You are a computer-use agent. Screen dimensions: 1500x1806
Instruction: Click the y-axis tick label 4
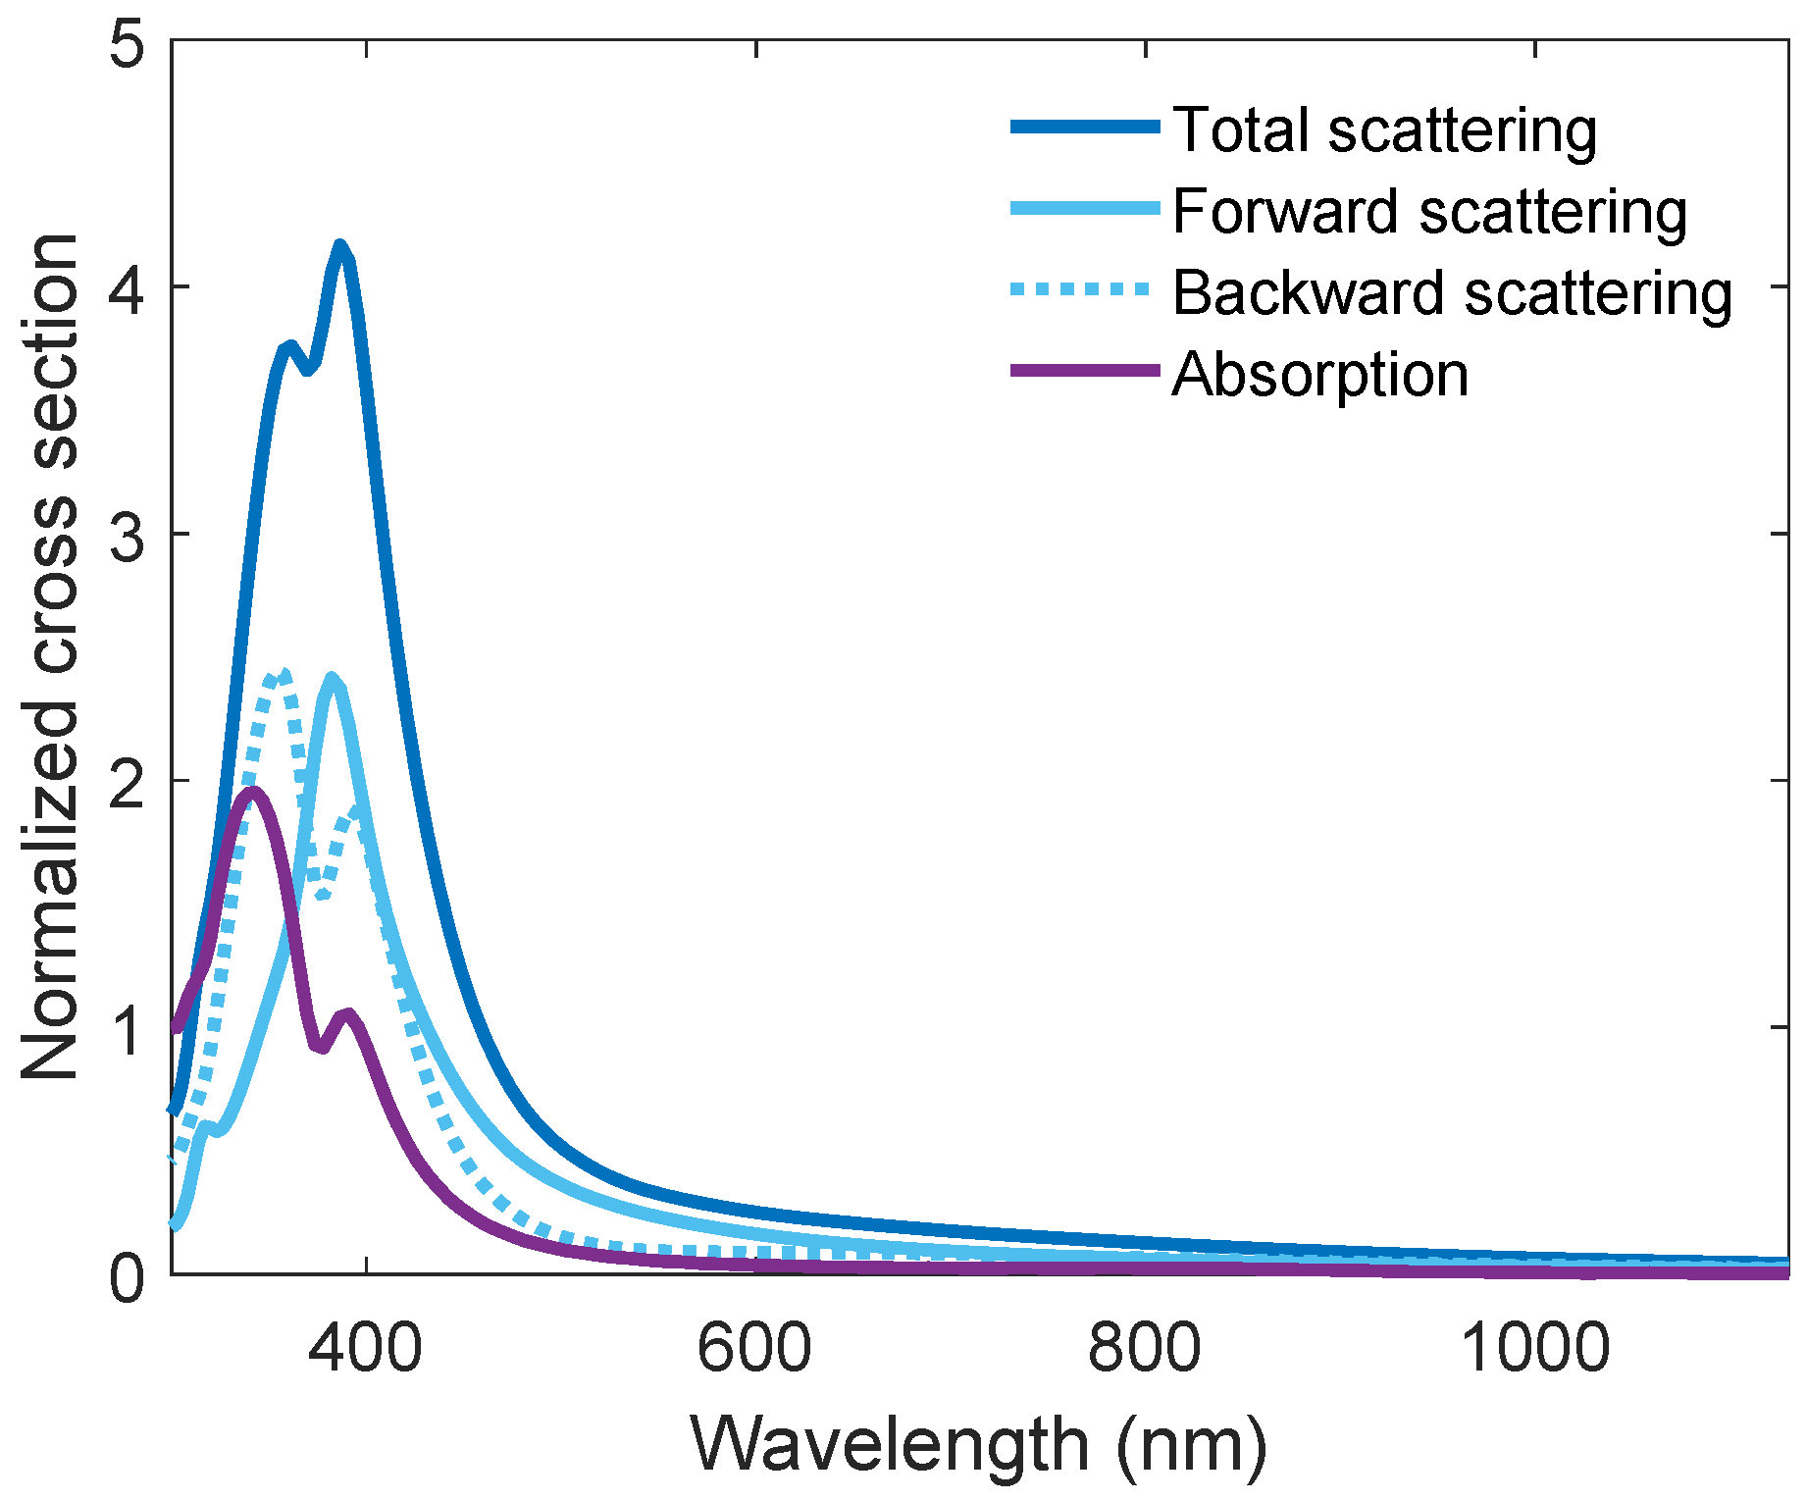coord(129,288)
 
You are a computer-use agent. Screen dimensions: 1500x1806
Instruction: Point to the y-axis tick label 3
coord(129,536)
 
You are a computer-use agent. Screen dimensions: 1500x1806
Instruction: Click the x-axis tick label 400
coord(365,1347)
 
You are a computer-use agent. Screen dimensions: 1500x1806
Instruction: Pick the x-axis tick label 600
coord(754,1347)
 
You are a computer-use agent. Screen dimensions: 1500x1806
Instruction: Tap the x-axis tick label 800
coord(1144,1347)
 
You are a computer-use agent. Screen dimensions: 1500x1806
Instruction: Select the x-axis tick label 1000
coord(1534,1347)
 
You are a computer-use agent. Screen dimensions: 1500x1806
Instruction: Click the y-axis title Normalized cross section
coord(49,657)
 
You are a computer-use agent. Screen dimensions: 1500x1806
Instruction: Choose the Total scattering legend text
coord(1384,129)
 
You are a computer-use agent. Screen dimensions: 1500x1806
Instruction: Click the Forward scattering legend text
coord(1429,211)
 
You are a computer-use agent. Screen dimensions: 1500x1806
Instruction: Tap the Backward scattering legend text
coord(1452,292)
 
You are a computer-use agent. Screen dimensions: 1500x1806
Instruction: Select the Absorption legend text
coord(1320,374)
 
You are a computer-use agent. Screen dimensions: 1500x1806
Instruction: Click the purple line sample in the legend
coord(1084,371)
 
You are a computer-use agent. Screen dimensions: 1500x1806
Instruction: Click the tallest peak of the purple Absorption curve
coord(253,791)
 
